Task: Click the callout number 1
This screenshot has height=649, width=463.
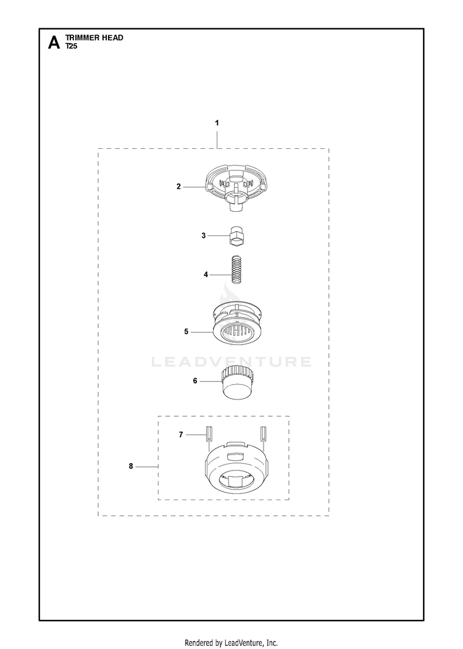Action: (x=217, y=123)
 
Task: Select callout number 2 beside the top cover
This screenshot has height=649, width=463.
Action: (x=179, y=186)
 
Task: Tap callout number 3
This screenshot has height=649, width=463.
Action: (x=204, y=235)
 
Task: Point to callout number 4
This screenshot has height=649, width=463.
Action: (x=206, y=274)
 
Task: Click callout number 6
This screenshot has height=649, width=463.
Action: (x=195, y=381)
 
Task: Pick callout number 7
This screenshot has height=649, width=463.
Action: (x=181, y=435)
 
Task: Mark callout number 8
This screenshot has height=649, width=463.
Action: (x=131, y=466)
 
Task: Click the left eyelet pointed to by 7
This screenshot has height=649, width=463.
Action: (x=209, y=435)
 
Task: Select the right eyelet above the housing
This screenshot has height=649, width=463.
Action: (x=264, y=435)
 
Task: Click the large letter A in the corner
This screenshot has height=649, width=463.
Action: (x=54, y=43)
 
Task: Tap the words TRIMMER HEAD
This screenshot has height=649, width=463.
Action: (x=94, y=38)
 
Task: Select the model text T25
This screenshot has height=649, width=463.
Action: (x=72, y=46)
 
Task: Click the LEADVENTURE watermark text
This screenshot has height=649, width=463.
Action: (x=231, y=362)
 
